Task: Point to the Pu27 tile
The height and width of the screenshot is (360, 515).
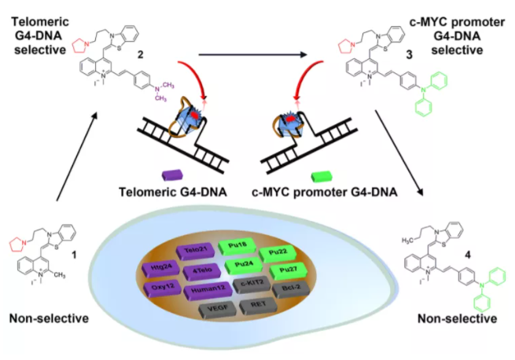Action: click(x=285, y=271)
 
